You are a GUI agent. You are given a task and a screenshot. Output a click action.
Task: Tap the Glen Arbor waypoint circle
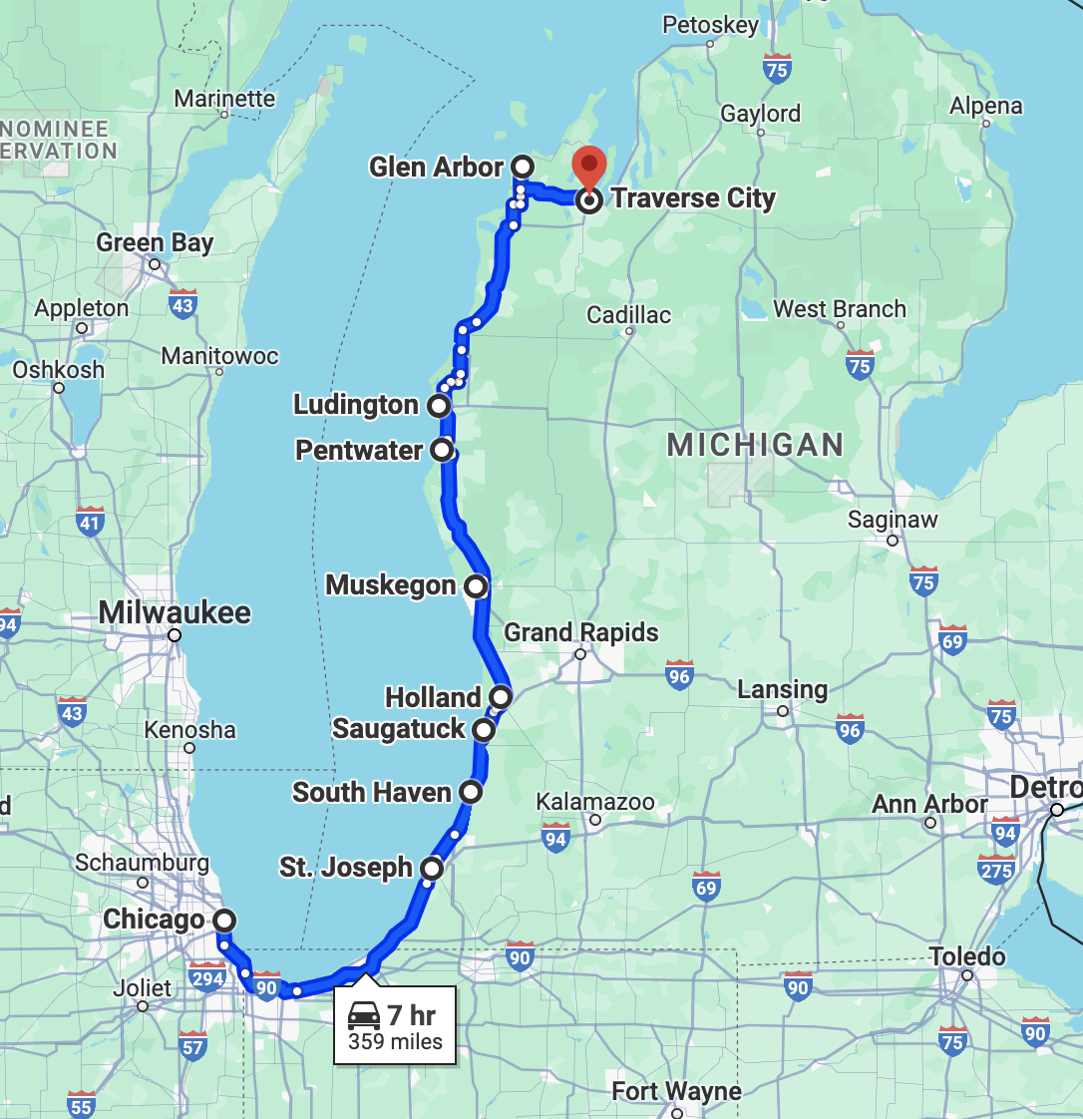(523, 166)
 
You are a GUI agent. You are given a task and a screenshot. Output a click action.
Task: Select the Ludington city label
(356, 405)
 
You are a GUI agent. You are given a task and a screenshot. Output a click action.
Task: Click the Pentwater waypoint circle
(443, 450)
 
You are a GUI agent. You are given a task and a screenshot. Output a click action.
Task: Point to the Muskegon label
(391, 585)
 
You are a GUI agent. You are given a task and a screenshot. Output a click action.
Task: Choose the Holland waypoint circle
(501, 696)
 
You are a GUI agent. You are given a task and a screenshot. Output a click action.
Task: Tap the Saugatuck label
(399, 729)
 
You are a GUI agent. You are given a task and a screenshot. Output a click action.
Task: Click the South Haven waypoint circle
(471, 792)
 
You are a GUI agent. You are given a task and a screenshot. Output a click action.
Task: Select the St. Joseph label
(346, 868)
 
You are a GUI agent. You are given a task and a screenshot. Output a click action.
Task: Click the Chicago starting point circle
(225, 920)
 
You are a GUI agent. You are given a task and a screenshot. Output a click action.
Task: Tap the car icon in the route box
(364, 1016)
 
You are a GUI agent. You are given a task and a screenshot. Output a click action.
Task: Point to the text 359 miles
(395, 1042)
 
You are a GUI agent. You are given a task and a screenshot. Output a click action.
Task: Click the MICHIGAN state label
(755, 445)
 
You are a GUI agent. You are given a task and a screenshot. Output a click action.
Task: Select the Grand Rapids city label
(581, 632)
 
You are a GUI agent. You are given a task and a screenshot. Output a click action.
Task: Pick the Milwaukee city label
(175, 612)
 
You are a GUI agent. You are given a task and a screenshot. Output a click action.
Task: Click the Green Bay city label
(155, 242)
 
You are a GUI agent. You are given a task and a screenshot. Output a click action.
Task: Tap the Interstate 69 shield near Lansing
(952, 640)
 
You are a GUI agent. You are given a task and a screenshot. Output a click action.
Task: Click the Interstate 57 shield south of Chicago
(192, 1047)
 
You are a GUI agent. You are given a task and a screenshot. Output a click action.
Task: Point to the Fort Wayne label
(677, 1091)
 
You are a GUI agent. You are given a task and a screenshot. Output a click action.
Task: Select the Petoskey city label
(710, 25)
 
